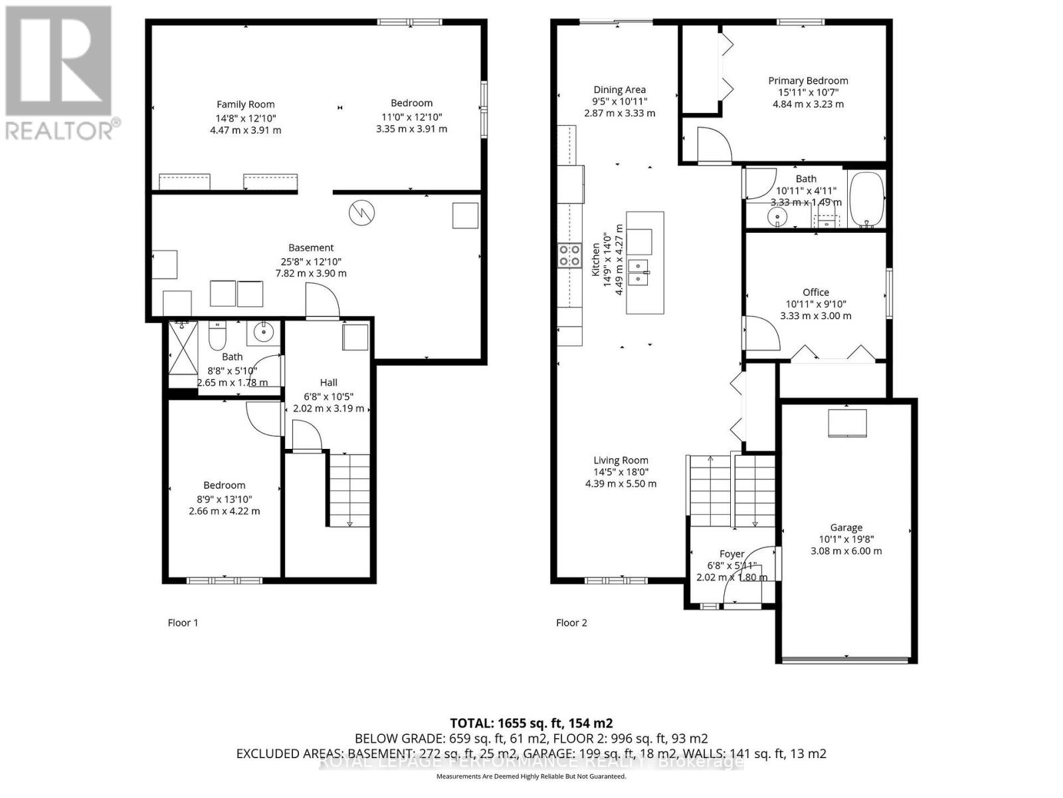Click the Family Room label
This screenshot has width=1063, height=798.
tap(245, 104)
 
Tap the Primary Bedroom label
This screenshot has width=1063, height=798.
tap(808, 80)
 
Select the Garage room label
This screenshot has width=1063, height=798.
tap(846, 527)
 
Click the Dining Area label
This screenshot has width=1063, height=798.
tap(619, 90)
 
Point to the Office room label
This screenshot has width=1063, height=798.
tap(815, 292)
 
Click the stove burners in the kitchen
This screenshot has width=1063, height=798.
tap(569, 255)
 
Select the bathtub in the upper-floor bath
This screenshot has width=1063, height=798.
tap(866, 199)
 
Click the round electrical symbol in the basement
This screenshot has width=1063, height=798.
tap(361, 213)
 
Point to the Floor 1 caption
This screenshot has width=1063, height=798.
tap(183, 623)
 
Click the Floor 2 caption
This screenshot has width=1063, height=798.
tap(571, 623)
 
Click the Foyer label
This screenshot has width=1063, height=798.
tap(731, 553)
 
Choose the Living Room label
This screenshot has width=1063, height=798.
tap(621, 460)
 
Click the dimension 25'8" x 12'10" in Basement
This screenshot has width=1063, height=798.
tap(311, 261)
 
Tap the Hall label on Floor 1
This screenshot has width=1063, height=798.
tap(328, 382)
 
